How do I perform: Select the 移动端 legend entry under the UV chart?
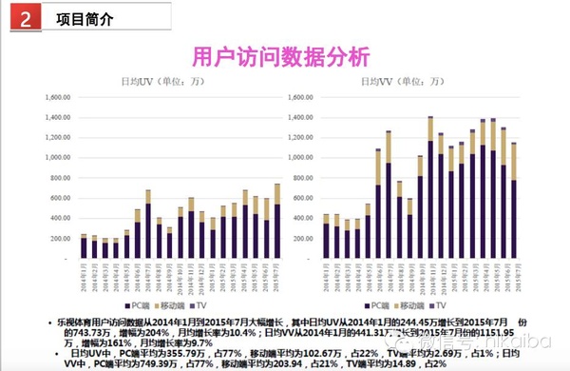pyautogui.click(x=193, y=305)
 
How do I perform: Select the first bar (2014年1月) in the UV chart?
pyautogui.click(x=84, y=246)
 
